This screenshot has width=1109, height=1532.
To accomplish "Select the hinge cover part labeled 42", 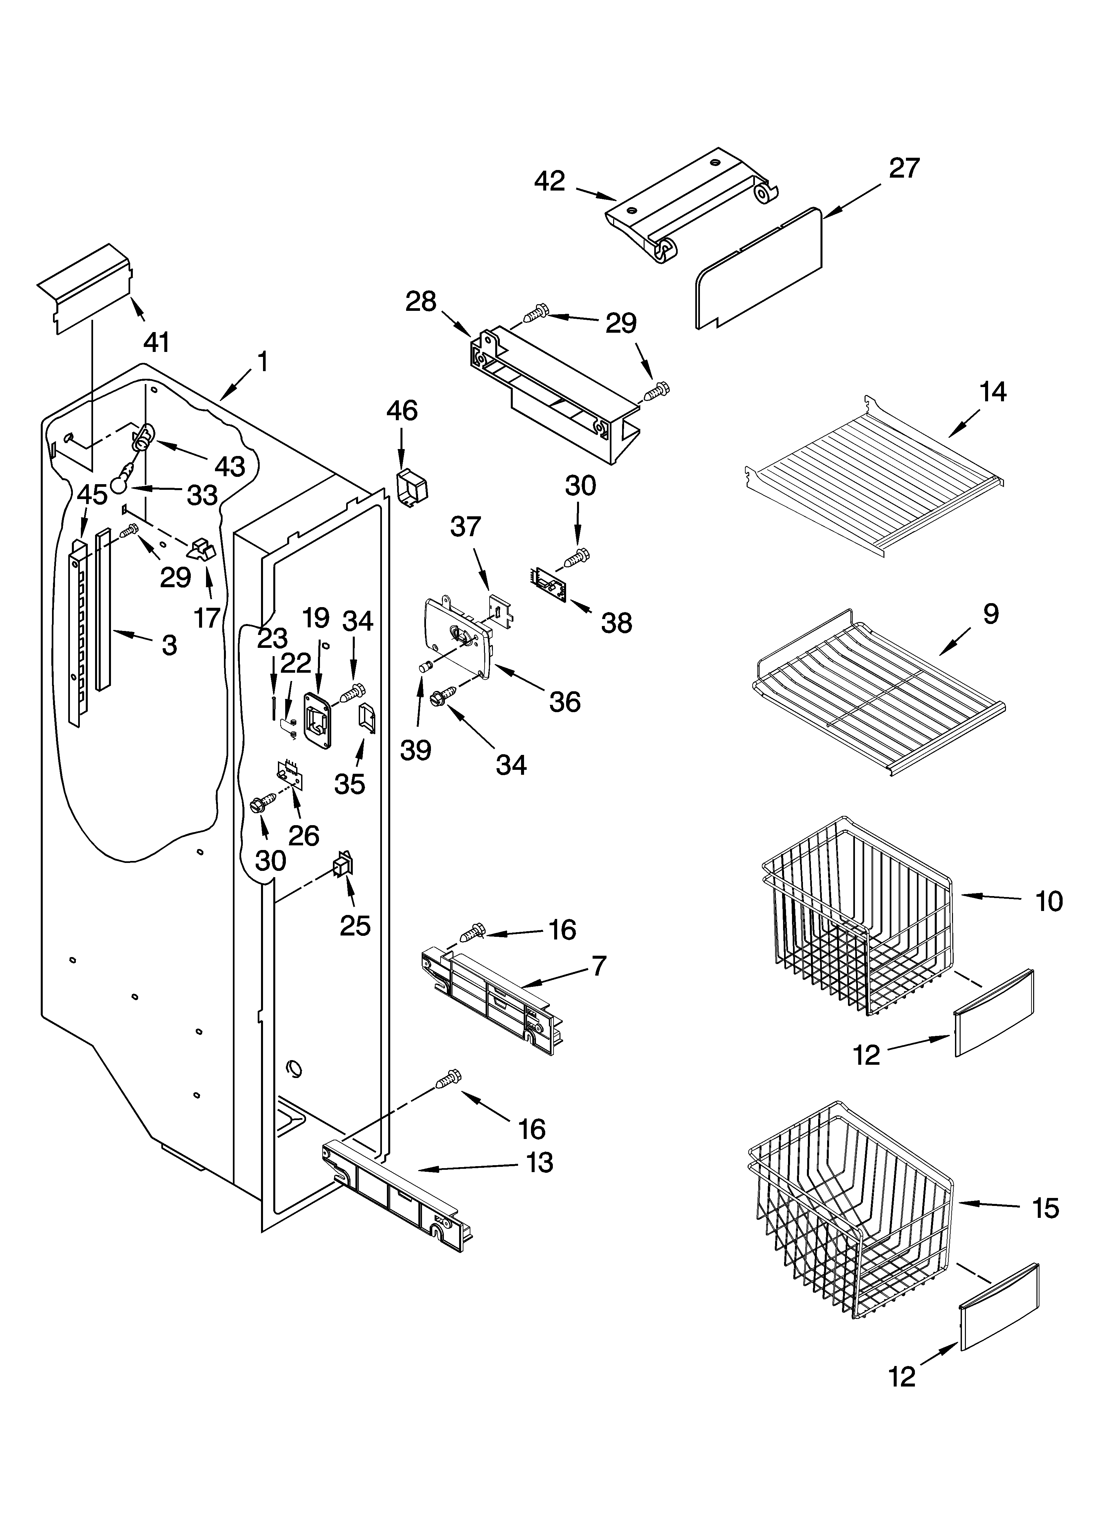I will (689, 206).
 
